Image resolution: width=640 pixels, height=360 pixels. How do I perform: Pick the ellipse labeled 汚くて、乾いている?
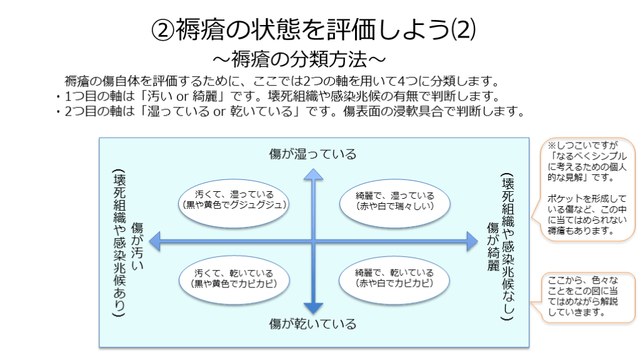point(233,277)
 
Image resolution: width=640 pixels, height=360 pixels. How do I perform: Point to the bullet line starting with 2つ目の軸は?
point(288,112)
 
